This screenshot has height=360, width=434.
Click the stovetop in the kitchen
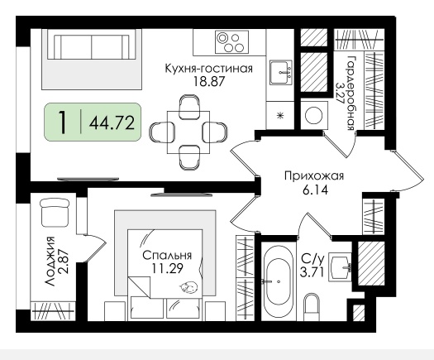point(232,42)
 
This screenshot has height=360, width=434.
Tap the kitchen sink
point(281,72)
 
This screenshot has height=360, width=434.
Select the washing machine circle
point(314,115)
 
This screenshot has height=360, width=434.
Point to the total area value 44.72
point(112,123)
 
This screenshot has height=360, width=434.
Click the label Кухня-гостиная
point(208,68)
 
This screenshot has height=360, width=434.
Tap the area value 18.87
point(208,81)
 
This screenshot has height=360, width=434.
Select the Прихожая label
point(314,176)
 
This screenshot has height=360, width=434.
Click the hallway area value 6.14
point(315,190)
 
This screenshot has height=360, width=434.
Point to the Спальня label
point(167,256)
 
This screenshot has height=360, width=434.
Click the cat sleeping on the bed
point(188,287)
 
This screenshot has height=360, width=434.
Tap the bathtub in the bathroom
point(277,281)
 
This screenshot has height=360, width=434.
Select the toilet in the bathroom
point(312,306)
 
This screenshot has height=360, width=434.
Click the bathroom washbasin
point(340,269)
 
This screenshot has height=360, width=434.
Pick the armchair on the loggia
point(55,213)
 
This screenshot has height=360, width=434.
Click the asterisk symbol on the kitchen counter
point(281,115)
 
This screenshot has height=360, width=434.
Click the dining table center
point(188,132)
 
